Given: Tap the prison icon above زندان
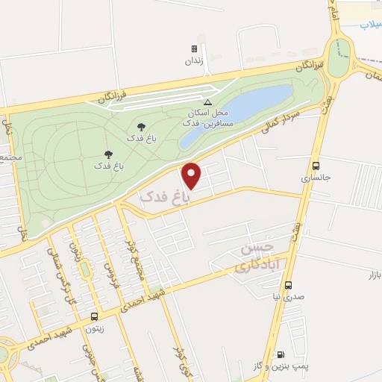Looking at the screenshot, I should pyautogui.click(x=194, y=49).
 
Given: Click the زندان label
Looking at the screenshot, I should pyautogui.click(x=194, y=62).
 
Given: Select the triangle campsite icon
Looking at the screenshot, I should pyautogui.click(x=207, y=101).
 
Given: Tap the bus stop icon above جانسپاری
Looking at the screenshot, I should pyautogui.click(x=316, y=166).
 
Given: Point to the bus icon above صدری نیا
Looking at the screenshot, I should pyautogui.click(x=289, y=285).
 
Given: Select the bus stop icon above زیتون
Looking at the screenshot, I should pyautogui.click(x=93, y=316).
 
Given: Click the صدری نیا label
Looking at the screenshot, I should pyautogui.click(x=289, y=297).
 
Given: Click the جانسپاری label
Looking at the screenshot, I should pyautogui.click(x=315, y=179).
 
